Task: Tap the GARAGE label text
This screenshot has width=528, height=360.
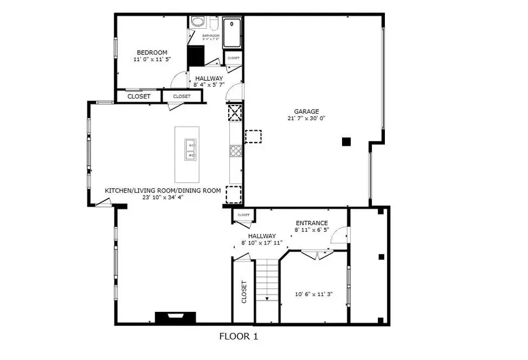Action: point(306,111)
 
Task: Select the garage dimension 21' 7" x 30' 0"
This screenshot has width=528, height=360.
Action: point(306,118)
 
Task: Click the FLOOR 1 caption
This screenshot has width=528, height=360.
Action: point(238,337)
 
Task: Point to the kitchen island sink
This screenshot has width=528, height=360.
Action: point(190,150)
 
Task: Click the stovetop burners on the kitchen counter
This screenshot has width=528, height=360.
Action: point(235,151)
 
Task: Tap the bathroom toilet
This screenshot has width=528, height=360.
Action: point(198,23)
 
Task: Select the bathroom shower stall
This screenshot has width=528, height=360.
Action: point(233,33)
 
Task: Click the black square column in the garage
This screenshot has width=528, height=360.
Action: point(346,141)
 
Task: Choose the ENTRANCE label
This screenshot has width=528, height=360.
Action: point(312,223)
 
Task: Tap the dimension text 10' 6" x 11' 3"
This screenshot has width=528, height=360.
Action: point(314,294)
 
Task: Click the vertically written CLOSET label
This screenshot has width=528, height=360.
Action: point(244,293)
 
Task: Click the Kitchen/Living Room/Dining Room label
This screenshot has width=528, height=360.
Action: point(163,191)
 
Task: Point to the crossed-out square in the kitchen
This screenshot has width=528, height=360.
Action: point(235,113)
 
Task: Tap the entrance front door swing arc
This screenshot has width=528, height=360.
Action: point(338,236)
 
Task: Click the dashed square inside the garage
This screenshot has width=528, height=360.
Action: point(253,137)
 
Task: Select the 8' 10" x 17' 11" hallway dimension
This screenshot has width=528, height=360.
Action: point(262,243)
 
